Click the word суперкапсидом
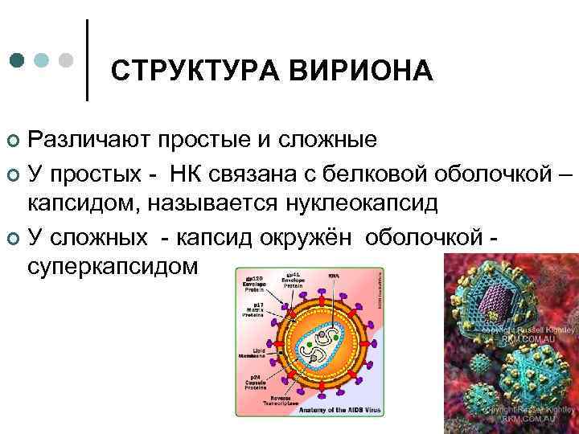point(112,265)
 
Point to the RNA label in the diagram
point(332,276)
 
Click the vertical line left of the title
point(87,60)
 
